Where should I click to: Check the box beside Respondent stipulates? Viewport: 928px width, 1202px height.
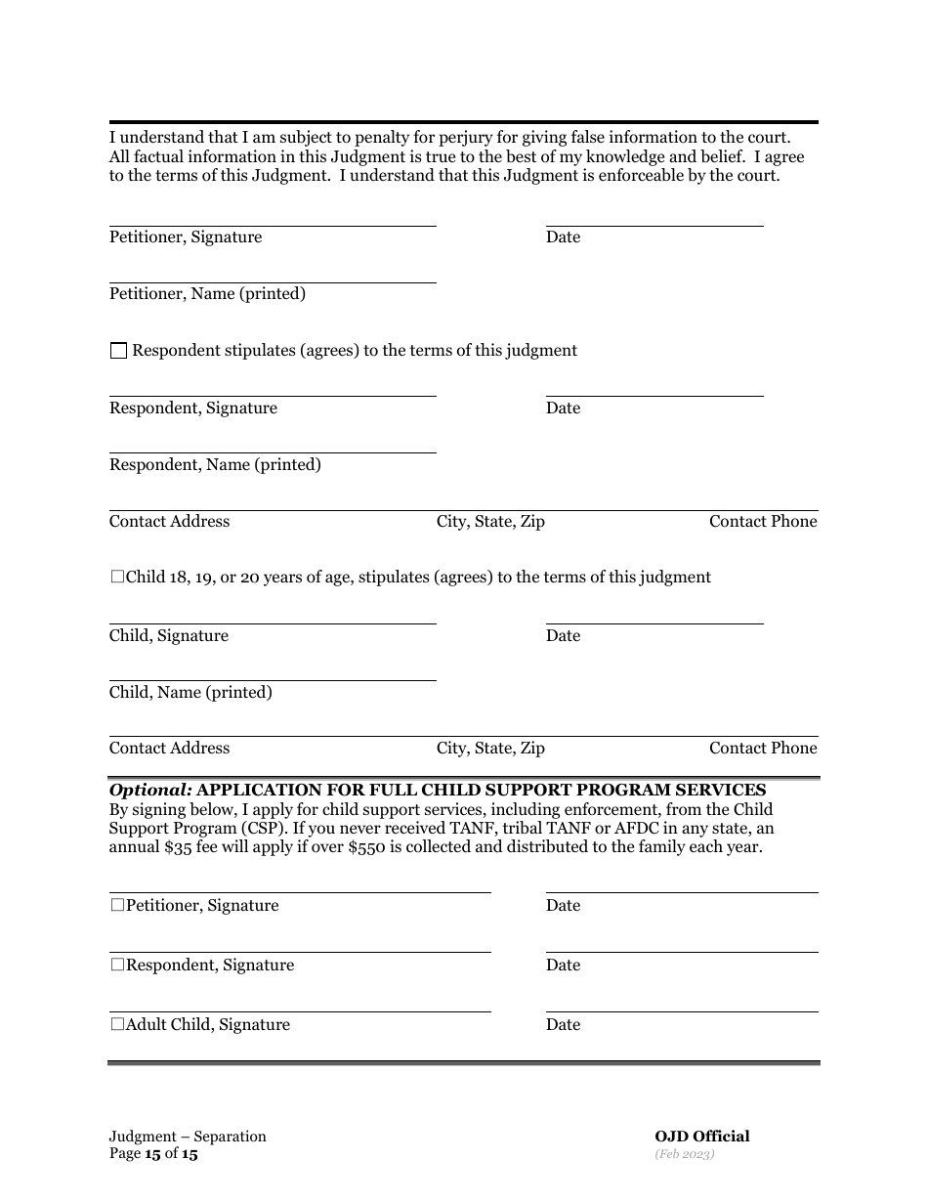118,351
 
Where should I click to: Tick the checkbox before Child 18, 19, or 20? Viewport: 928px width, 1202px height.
117,578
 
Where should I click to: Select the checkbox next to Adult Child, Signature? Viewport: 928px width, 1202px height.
117,1025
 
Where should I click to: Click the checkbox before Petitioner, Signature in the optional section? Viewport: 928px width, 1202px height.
117,906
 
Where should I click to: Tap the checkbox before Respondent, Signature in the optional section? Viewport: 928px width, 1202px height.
117,966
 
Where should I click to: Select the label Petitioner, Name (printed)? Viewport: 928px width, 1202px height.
207,294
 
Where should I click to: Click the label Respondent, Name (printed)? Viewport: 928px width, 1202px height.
215,465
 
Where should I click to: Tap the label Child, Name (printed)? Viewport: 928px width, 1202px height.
190,693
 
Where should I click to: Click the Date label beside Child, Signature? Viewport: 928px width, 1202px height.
563,636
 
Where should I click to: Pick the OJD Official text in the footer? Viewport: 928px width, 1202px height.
701,1137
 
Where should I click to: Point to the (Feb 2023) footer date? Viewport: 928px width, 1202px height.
684,1154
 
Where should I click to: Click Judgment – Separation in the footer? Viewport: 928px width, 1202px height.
188,1137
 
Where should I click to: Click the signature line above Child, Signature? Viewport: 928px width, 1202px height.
273,623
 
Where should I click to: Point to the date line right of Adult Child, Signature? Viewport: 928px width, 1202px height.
682,1011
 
